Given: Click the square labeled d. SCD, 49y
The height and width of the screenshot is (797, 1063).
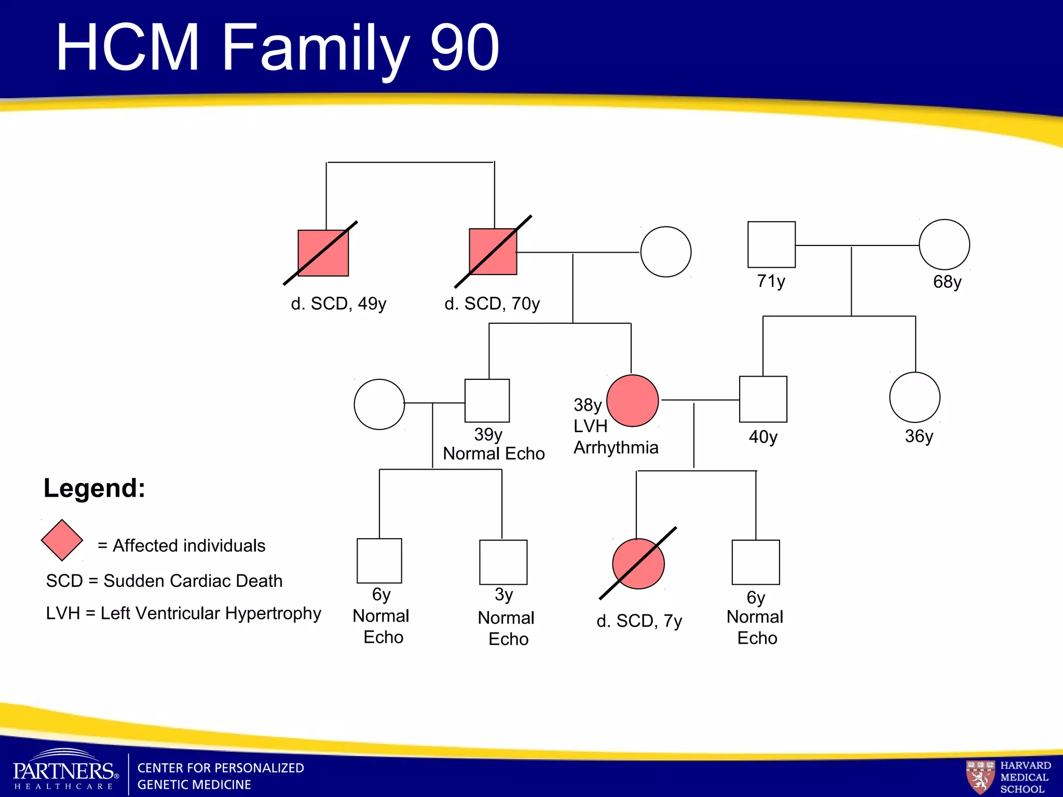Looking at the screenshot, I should click(323, 253).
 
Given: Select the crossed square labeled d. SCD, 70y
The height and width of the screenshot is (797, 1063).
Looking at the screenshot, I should click(493, 252).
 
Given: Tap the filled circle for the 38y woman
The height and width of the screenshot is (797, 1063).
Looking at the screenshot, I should click(632, 401).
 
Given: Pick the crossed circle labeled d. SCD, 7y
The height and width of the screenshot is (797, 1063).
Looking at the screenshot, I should click(638, 564).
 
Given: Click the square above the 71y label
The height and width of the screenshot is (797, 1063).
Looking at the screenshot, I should click(771, 244).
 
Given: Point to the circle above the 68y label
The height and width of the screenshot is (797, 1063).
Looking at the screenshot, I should click(944, 244).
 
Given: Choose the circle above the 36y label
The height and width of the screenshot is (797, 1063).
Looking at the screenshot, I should click(915, 397).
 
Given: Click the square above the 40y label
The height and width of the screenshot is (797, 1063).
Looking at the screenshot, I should click(763, 399).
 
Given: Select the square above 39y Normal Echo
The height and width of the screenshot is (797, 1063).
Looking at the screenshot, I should click(487, 401).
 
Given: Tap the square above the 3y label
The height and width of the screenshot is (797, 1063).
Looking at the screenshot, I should click(503, 562).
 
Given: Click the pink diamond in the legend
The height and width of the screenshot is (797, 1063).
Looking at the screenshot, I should click(62, 540).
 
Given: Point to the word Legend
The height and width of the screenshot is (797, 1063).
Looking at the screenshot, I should click(94, 488).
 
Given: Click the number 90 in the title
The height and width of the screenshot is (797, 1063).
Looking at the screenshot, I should click(465, 48).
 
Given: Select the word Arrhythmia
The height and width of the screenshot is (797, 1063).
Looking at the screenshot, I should click(616, 447).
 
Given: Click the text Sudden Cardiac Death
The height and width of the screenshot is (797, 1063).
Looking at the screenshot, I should click(193, 581).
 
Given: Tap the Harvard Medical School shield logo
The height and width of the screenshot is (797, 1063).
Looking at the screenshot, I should click(979, 777).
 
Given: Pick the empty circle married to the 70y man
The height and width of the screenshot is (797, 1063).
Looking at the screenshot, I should click(665, 252).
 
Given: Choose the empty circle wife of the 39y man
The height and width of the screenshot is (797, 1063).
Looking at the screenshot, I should click(379, 404).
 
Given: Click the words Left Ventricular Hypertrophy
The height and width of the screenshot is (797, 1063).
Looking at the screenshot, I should click(211, 613).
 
